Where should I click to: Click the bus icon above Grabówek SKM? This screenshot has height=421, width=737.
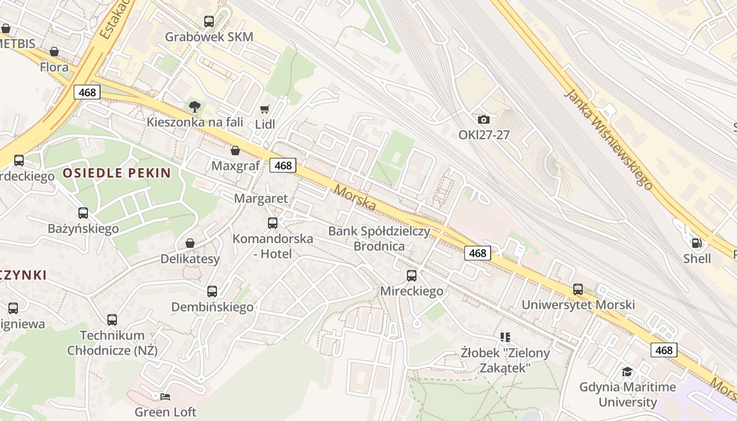(x=209, y=22)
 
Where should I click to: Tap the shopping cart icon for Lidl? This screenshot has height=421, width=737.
(x=265, y=109)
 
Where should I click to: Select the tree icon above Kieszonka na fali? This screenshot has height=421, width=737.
(x=195, y=107)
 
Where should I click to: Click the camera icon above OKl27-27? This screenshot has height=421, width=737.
(x=484, y=120)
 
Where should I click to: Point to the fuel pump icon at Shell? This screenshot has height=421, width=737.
(x=697, y=243)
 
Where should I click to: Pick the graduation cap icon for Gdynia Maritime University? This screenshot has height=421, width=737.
(x=627, y=372)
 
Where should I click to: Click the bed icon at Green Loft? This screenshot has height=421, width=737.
(x=165, y=396)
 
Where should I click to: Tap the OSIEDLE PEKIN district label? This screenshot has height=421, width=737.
(x=117, y=173)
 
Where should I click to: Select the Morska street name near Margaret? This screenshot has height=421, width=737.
(x=355, y=197)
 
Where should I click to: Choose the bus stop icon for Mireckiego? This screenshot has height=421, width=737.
(x=412, y=275)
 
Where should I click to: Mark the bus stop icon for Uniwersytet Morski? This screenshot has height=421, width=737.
(x=578, y=289)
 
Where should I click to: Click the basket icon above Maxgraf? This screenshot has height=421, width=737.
(x=235, y=151)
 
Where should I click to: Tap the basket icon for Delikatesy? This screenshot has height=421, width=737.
(x=190, y=243)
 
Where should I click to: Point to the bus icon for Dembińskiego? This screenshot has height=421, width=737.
(x=212, y=292)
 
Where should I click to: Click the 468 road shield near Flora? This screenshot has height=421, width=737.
(x=87, y=93)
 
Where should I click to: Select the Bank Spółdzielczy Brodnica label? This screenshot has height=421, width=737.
(x=379, y=238)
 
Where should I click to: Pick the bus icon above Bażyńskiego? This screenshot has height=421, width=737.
(x=83, y=213)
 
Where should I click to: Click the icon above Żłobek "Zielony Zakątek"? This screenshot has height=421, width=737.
(x=505, y=337)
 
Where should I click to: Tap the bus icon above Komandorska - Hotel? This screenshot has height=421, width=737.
(x=273, y=223)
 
